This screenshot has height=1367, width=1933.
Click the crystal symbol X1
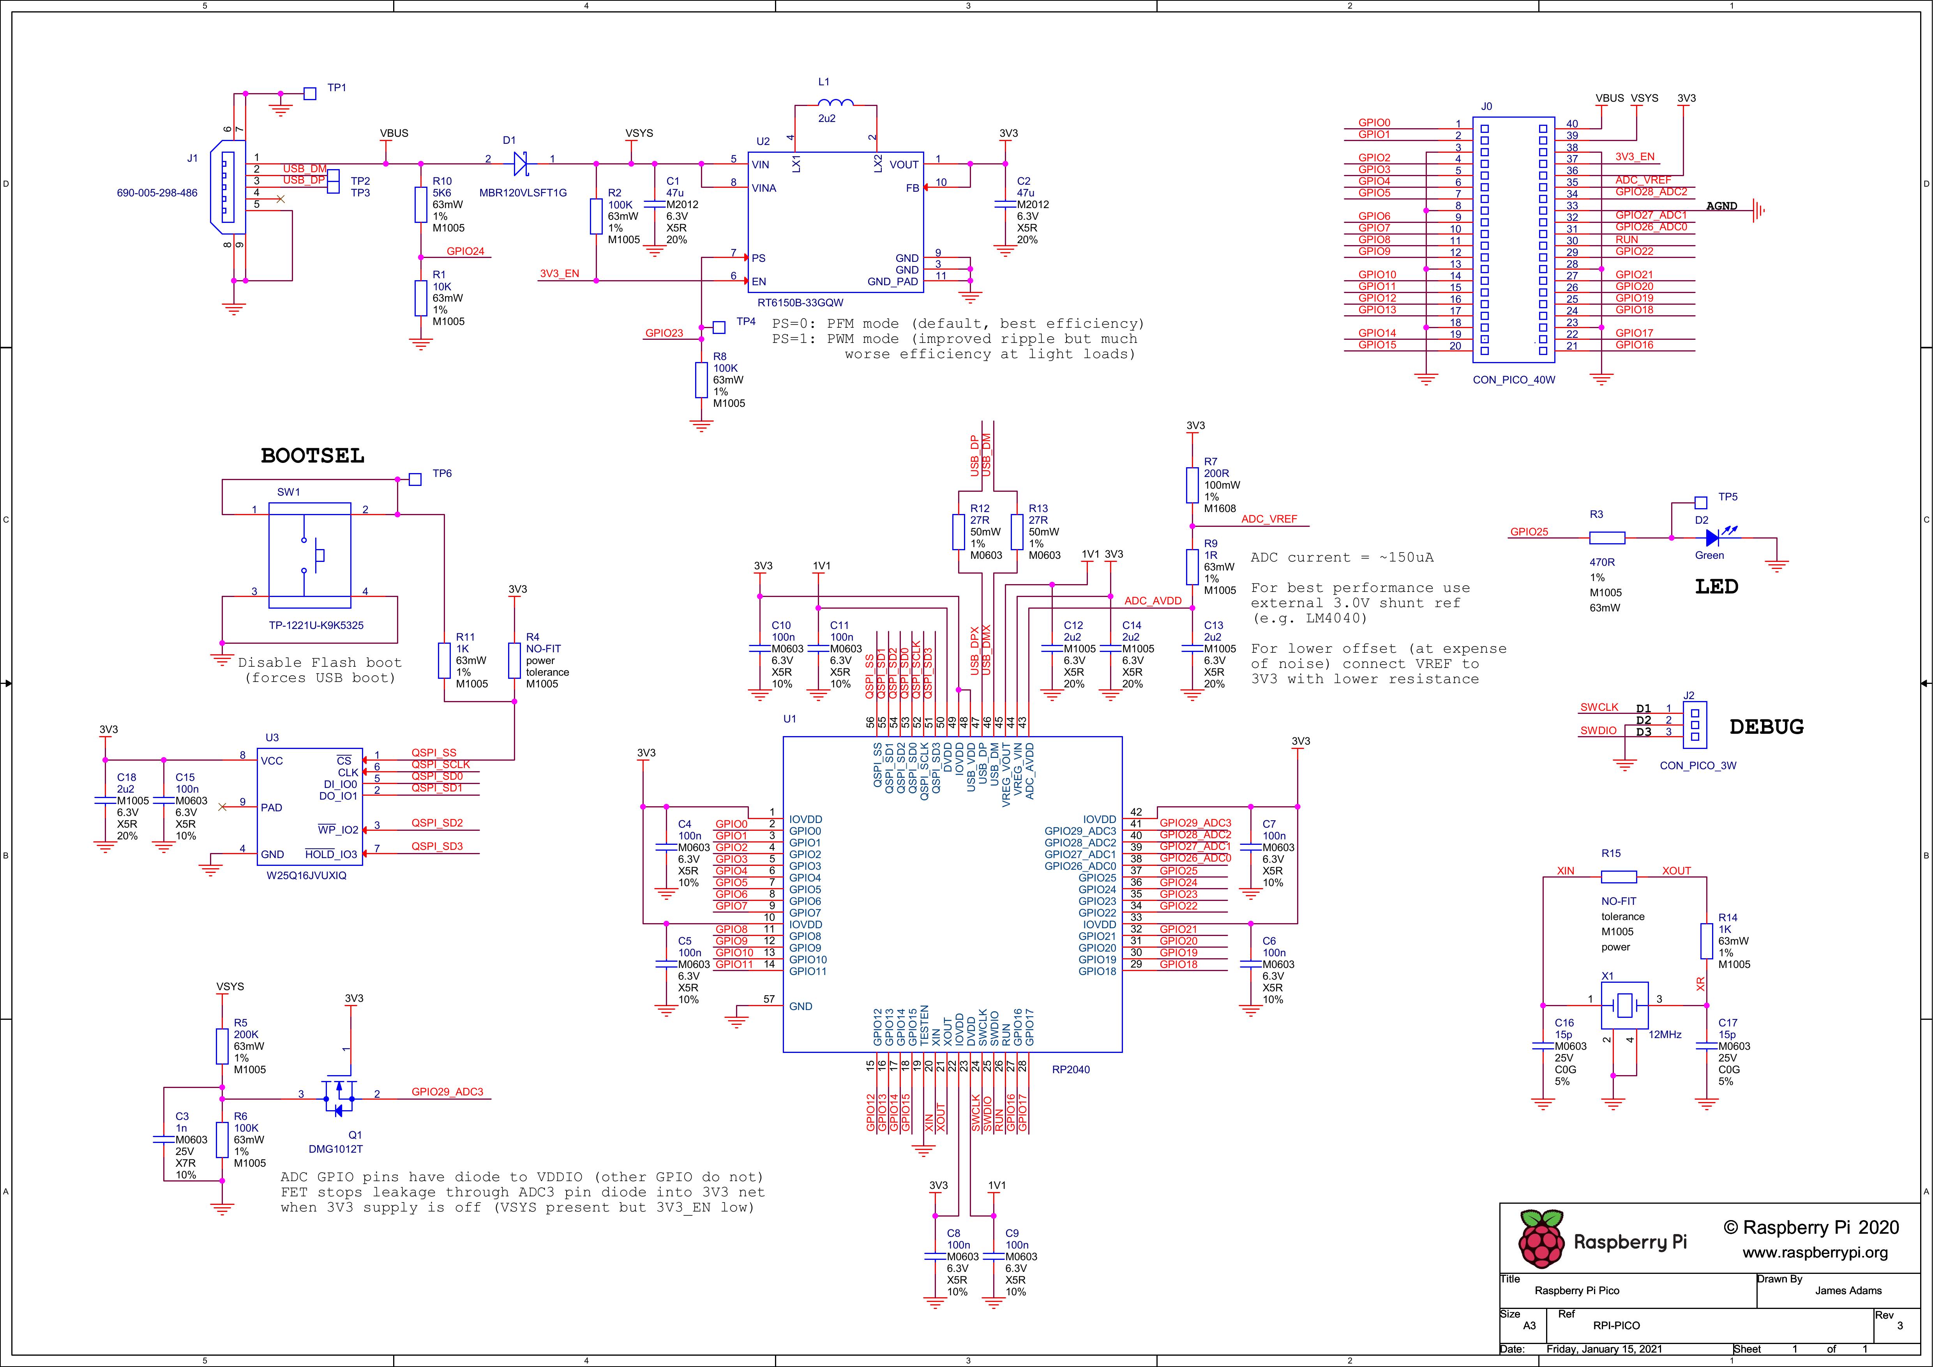click(1624, 1004)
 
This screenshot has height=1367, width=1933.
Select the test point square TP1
click(310, 94)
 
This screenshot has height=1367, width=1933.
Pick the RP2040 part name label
click(1071, 1070)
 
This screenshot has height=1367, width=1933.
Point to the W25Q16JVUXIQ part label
click(306, 876)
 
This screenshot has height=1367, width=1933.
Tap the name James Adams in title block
click(1848, 1290)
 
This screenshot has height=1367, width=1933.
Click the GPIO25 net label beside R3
click(1529, 532)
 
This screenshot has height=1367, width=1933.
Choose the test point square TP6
click(414, 479)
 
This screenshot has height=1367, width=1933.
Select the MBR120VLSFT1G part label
click(523, 193)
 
